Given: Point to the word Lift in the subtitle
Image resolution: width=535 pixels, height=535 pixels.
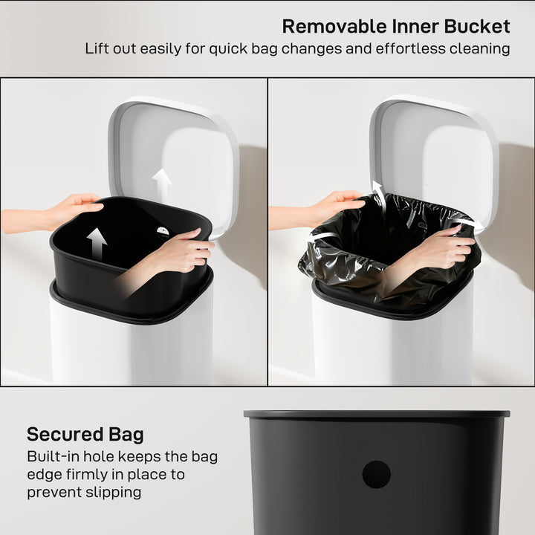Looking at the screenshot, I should pyautogui.click(x=97, y=50).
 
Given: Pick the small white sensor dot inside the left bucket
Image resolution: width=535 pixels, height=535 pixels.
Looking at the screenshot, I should pyautogui.click(x=163, y=231).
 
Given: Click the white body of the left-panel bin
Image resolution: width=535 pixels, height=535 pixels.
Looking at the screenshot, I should pyautogui.click(x=130, y=349).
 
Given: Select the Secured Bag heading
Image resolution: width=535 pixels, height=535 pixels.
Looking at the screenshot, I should pyautogui.click(x=85, y=435).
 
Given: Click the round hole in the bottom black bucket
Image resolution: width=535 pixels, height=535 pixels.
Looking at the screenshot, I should pyautogui.click(x=377, y=474).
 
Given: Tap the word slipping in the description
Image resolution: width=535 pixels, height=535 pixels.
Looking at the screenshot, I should pyautogui.click(x=113, y=492).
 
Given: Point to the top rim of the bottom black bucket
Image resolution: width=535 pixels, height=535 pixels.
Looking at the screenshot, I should pyautogui.click(x=377, y=414).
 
